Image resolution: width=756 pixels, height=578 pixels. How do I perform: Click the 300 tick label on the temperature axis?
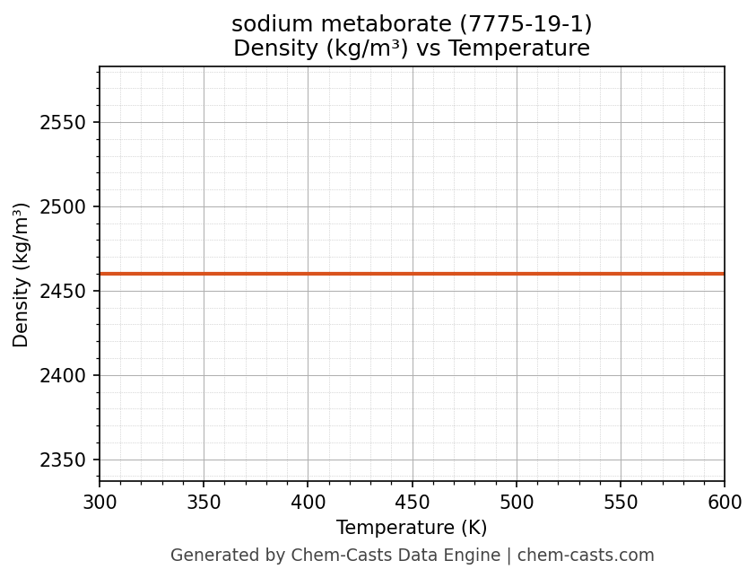pyautogui.click(x=100, y=503)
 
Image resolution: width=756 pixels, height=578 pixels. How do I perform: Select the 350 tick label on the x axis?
pyautogui.click(x=204, y=503)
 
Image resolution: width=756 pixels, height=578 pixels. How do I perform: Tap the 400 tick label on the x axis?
pyautogui.click(x=308, y=503)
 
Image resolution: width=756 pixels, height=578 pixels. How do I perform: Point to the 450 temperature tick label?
pyautogui.click(x=413, y=503)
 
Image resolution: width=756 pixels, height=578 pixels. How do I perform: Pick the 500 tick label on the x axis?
pyautogui.click(x=517, y=503)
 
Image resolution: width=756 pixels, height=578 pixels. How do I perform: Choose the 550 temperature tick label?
pyautogui.click(x=621, y=503)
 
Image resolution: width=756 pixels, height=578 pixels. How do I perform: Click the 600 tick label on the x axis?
pyautogui.click(x=725, y=503)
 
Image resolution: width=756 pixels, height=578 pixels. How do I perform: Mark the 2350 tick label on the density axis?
pyautogui.click(x=63, y=460)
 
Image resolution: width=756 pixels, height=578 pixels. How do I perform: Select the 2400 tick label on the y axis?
pyautogui.click(x=63, y=376)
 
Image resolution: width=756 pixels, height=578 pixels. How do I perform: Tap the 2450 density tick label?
pyautogui.click(x=63, y=292)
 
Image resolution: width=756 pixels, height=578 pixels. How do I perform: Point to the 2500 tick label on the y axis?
pyautogui.click(x=63, y=207)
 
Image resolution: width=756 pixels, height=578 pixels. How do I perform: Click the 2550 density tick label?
pyautogui.click(x=63, y=123)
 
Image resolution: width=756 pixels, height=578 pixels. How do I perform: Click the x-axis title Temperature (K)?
pyautogui.click(x=412, y=528)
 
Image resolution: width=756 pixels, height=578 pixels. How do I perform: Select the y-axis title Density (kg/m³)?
pyautogui.click(x=22, y=275)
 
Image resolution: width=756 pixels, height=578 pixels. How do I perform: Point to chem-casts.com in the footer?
pyautogui.click(x=586, y=556)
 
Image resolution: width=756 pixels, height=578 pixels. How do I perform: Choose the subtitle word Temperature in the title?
pyautogui.click(x=519, y=48)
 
